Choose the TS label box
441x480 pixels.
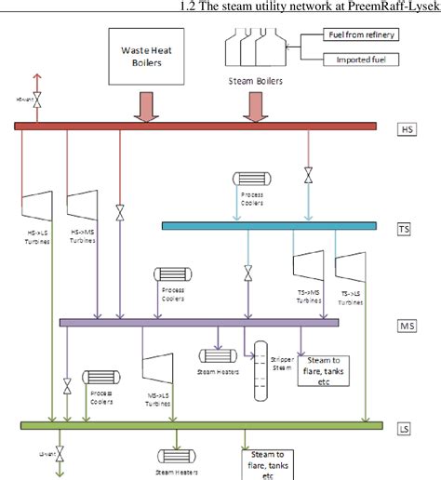pos(404,227)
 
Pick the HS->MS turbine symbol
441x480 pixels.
pos(83,209)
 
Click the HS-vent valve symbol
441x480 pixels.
pos(37,97)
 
